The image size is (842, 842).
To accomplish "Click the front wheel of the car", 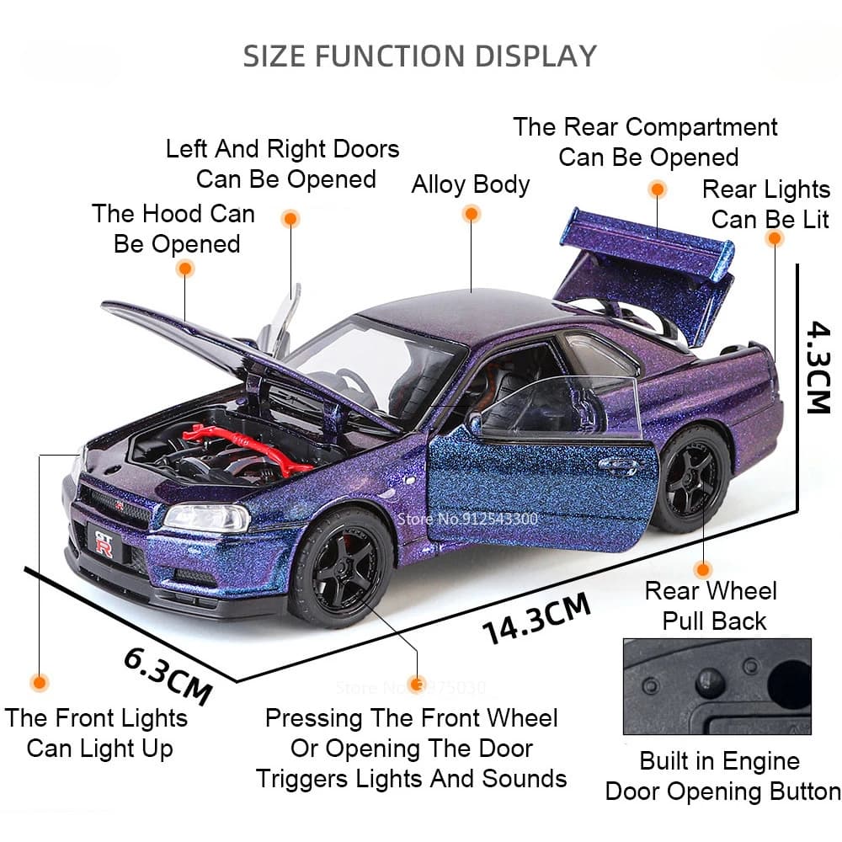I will (340, 567).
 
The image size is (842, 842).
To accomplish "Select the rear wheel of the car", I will (690, 478).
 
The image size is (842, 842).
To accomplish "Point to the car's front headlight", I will (206, 517).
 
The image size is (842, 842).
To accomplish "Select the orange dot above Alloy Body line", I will (472, 215).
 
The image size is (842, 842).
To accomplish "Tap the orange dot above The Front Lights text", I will (39, 681).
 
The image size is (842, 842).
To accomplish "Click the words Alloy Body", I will (470, 184).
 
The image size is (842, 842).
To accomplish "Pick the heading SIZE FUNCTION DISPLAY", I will (419, 56).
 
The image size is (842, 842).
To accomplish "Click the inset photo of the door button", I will (717, 686).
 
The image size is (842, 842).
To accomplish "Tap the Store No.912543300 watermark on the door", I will (482, 519).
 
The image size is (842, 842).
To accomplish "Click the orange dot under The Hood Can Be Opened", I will (185, 269).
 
